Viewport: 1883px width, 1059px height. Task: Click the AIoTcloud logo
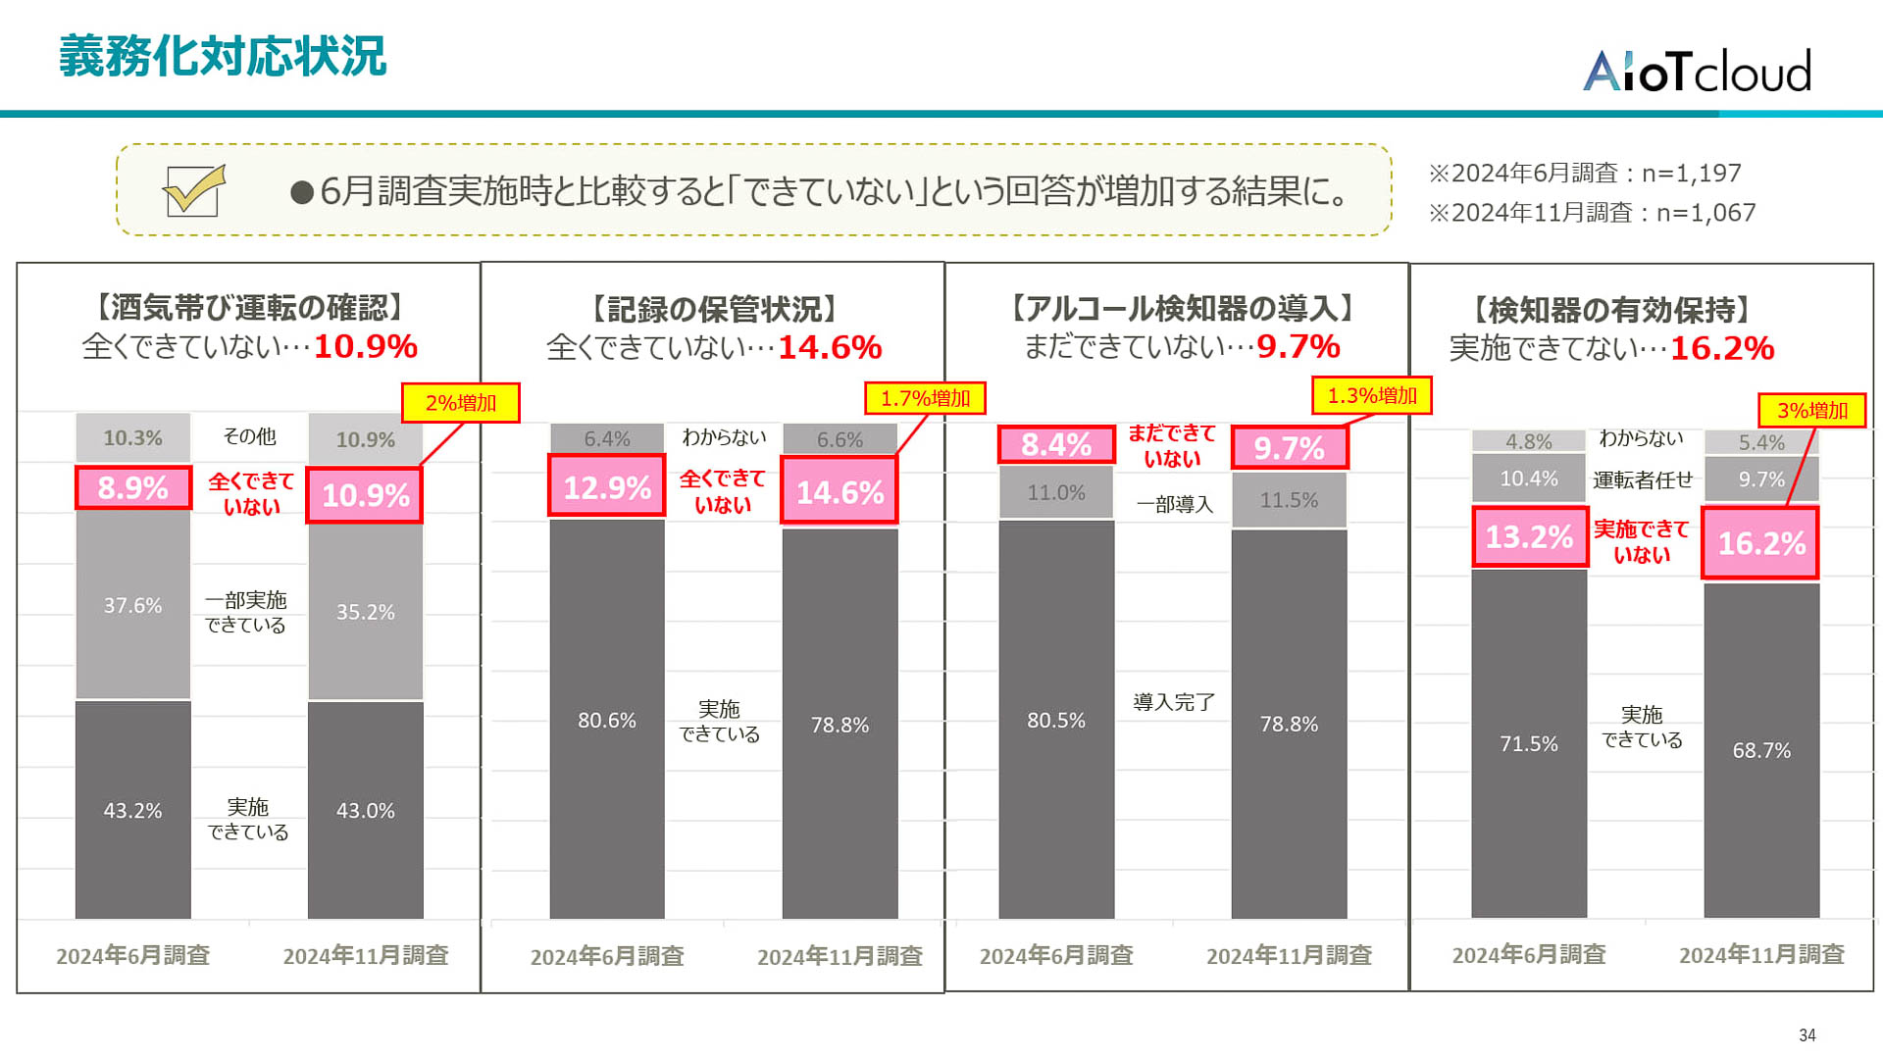(x=1697, y=71)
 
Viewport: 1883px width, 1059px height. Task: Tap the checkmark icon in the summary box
(x=194, y=189)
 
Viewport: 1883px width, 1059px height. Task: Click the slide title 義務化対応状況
(x=223, y=56)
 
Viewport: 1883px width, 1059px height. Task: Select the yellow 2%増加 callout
(x=460, y=403)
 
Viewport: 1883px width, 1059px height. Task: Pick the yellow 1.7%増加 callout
(x=925, y=398)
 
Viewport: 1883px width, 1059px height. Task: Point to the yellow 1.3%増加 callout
(x=1372, y=395)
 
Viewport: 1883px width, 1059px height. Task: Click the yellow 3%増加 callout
(x=1811, y=410)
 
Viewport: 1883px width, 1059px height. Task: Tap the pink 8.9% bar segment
(x=133, y=487)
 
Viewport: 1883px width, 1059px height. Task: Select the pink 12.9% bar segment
(x=607, y=486)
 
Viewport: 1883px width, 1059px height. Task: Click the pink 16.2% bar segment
(x=1760, y=543)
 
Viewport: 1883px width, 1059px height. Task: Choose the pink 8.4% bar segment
(x=1056, y=444)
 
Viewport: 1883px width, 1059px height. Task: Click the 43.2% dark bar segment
(x=133, y=810)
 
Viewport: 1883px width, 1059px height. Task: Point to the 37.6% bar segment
(x=133, y=605)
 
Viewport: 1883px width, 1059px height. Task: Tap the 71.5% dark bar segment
(x=1529, y=743)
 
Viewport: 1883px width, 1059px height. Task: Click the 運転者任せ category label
(x=1643, y=479)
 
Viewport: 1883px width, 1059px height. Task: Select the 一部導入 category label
(x=1174, y=504)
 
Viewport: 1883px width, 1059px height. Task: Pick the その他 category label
(x=249, y=436)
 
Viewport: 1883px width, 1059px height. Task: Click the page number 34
(x=1807, y=1035)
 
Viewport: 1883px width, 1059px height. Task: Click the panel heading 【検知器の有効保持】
(x=1612, y=310)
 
